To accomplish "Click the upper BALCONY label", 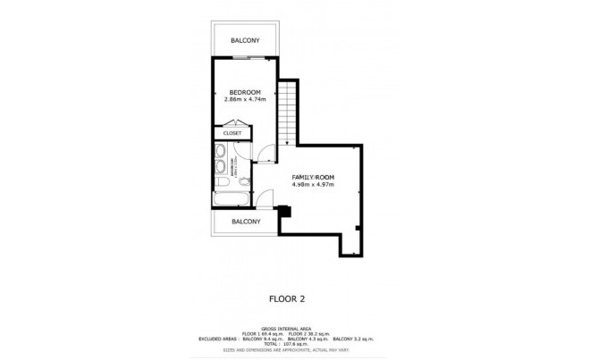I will (x=245, y=40).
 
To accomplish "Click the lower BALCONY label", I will (x=245, y=221).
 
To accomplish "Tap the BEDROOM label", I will (x=244, y=92).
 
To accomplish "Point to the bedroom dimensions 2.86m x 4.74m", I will (x=244, y=99).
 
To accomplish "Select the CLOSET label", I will (x=232, y=134).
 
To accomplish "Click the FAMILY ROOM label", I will (x=313, y=178).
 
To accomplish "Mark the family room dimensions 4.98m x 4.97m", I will (x=313, y=186).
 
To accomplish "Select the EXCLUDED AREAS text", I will (x=215, y=339).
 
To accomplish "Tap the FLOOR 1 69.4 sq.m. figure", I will (x=262, y=334).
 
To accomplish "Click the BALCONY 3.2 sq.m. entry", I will (x=354, y=339).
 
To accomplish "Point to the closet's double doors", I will (x=255, y=134).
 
